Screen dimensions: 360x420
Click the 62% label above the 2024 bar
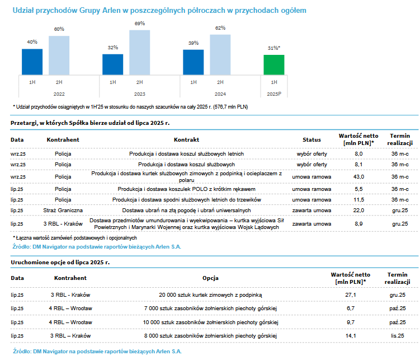click(x=220, y=28)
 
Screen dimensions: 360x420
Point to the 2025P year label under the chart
click(x=273, y=94)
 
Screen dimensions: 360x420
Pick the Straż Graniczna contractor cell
click(x=63, y=210)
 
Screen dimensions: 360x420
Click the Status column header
click(x=312, y=139)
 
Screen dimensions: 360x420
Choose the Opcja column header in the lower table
click(x=210, y=278)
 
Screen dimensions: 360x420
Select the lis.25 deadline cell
click(x=398, y=335)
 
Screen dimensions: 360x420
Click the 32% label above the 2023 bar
click(x=113, y=48)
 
